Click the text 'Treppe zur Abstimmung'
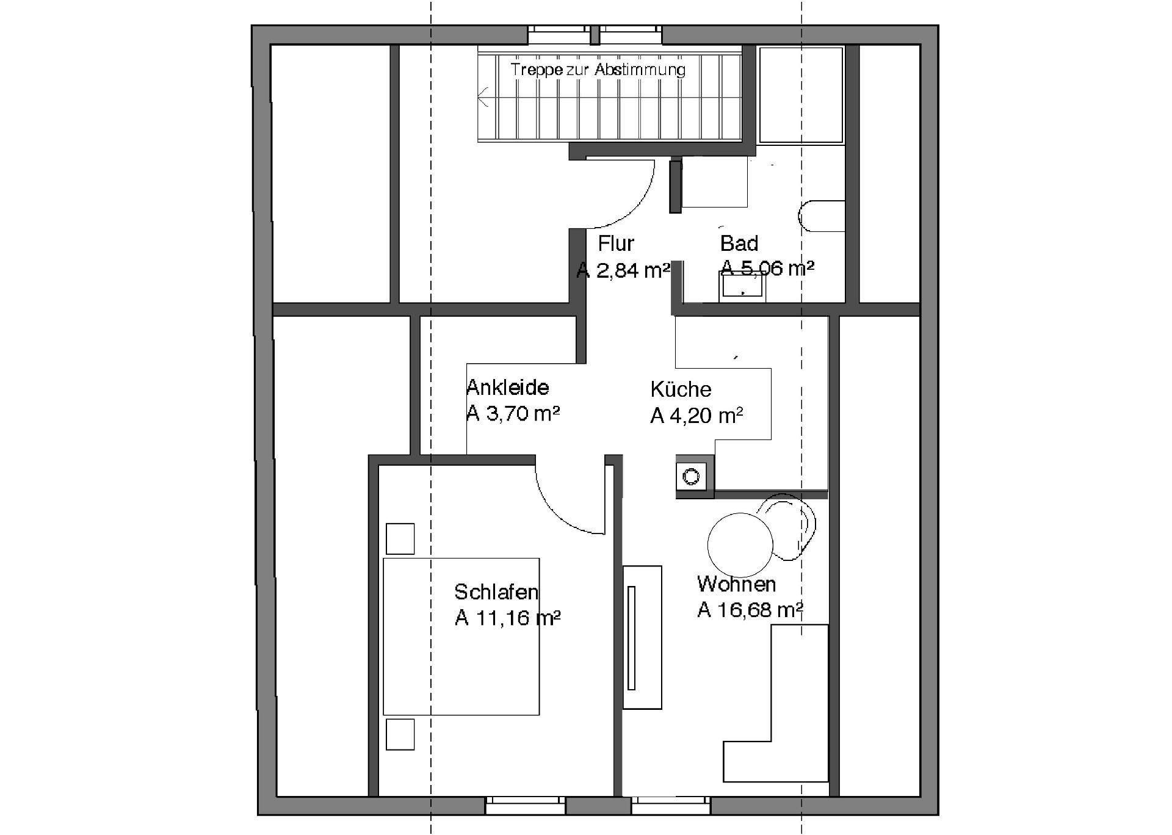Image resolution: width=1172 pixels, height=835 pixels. [598, 70]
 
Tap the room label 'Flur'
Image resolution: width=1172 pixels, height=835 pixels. [616, 244]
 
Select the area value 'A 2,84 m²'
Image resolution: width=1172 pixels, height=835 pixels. [623, 270]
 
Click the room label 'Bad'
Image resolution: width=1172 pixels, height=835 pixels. [739, 244]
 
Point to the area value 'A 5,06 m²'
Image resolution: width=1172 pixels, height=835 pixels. [767, 268]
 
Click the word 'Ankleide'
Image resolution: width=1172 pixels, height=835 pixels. [507, 388]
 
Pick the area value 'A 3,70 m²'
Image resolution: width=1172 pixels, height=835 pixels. [513, 413]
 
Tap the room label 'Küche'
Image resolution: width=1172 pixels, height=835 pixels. [681, 389]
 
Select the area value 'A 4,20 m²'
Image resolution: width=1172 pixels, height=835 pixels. [696, 416]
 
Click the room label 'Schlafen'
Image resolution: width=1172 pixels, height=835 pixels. [496, 592]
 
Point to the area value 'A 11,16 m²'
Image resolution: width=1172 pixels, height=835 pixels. [507, 618]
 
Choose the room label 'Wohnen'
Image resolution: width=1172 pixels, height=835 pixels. [736, 584]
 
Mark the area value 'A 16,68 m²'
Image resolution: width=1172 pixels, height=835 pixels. [750, 610]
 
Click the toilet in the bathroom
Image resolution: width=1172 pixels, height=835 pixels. [822, 216]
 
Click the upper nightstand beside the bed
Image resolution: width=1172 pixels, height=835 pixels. [400, 539]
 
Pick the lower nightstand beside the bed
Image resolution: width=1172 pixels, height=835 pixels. [400, 734]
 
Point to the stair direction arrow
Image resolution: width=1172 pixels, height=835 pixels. [484, 96]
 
